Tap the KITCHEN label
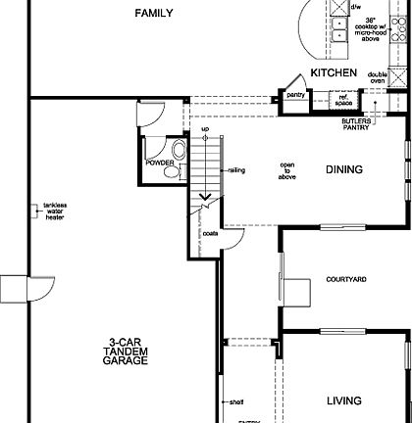(334, 73)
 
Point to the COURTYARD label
(345, 280)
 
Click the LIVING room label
(343, 400)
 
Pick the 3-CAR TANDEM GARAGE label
(129, 353)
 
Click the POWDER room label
(159, 164)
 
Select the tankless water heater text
(55, 211)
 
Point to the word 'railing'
(236, 170)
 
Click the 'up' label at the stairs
(204, 129)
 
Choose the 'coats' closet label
(210, 234)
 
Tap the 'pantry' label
(295, 95)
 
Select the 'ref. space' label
(342, 98)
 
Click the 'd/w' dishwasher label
(338, 6)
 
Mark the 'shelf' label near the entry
(235, 400)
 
